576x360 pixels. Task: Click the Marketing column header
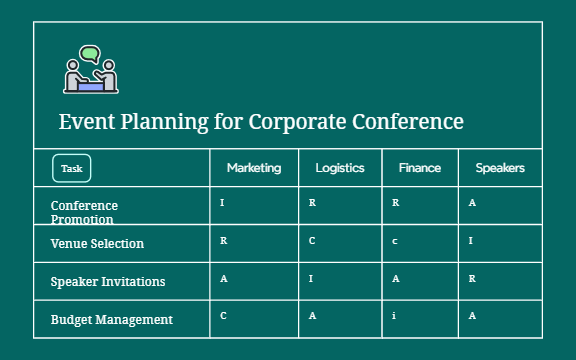pyautogui.click(x=254, y=168)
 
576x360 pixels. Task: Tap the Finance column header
pyautogui.click(x=419, y=168)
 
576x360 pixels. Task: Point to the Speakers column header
pyautogui.click(x=500, y=168)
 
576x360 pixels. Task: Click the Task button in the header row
pyautogui.click(x=72, y=169)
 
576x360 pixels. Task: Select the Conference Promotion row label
pyautogui.click(x=84, y=211)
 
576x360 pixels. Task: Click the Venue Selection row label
pyautogui.click(x=97, y=243)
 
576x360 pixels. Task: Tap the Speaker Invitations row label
pyautogui.click(x=108, y=281)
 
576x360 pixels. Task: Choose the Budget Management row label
pyautogui.click(x=111, y=319)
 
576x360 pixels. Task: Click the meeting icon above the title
pyautogui.click(x=91, y=71)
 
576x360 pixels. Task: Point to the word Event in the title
pyautogui.click(x=84, y=122)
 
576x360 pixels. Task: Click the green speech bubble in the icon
pyautogui.click(x=91, y=53)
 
